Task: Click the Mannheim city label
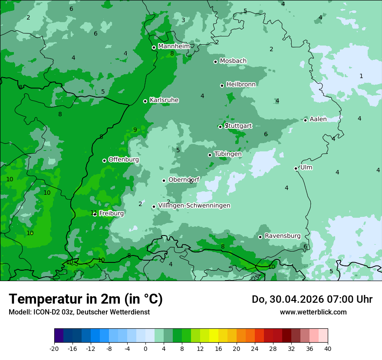[174, 46]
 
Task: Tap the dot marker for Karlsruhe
[145, 101]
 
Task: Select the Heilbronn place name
[241, 85]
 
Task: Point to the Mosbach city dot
[215, 62]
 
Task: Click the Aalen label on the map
[318, 119]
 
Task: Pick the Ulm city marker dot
[296, 168]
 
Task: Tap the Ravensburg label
[282, 236]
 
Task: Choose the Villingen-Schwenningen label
[194, 206]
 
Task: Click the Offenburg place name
[123, 160]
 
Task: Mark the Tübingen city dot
[210, 155]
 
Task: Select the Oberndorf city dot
[164, 180]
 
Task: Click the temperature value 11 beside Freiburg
[93, 213]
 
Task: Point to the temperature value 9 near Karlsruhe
[135, 130]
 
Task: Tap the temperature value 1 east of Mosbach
[361, 76]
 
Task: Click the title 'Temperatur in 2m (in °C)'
[86, 299]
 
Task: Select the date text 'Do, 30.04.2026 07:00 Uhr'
[312, 299]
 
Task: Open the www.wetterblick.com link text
[313, 312]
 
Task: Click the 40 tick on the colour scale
[327, 348]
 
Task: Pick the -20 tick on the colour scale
[54, 348]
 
